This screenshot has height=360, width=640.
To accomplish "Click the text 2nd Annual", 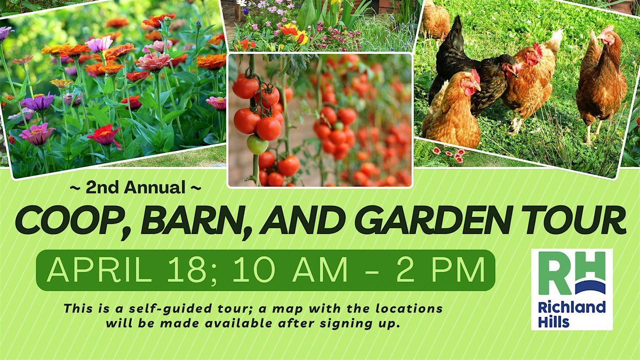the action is coord(135,188).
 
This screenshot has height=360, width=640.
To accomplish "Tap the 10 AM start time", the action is coord(290,270).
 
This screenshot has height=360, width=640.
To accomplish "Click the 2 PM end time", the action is coord(440,270).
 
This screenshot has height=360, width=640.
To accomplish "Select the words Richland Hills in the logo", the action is coord(572,315).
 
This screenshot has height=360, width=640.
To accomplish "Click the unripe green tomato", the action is coord(257,145).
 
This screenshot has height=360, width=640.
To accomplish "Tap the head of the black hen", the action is coord(509,66).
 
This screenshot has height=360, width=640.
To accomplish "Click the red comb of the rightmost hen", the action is coord(607,29).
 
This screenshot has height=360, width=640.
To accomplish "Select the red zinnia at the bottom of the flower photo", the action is coord(105,135).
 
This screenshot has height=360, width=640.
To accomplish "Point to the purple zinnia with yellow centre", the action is coord(38,102).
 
